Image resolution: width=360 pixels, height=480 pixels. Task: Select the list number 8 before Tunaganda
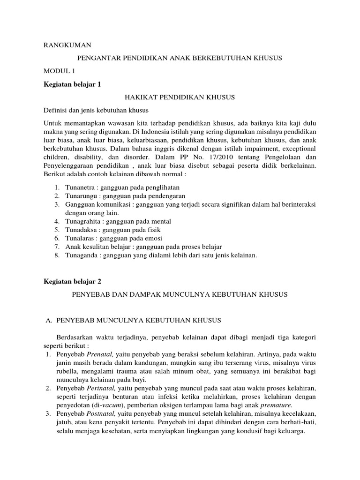[56, 255]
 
